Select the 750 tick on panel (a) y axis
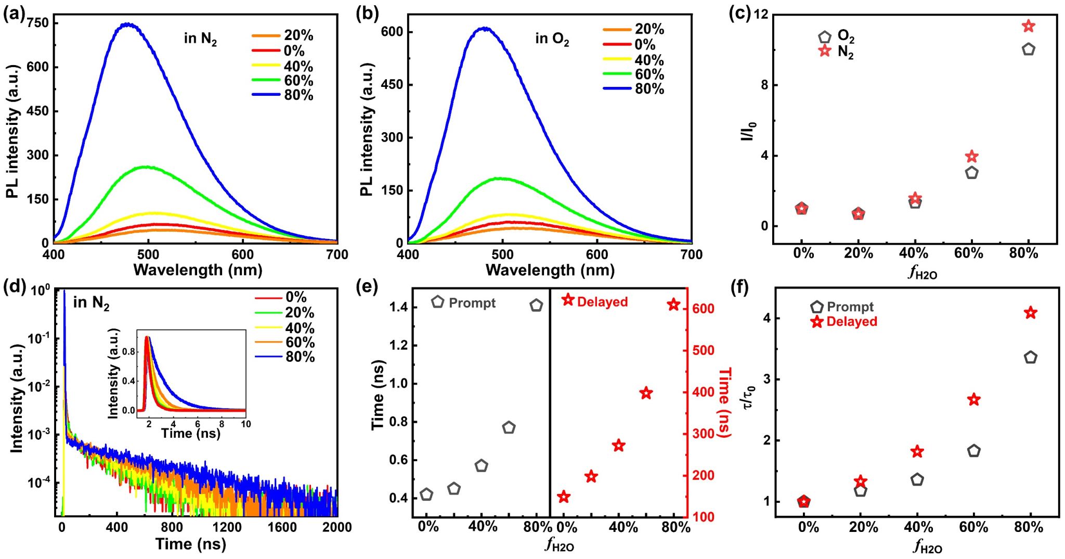(x=38, y=23)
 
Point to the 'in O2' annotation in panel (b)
(x=552, y=39)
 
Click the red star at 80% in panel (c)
(x=1028, y=26)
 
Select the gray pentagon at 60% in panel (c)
(x=971, y=173)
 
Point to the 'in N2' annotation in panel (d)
(x=91, y=303)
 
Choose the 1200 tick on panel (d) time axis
(x=227, y=527)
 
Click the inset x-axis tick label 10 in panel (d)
(x=245, y=424)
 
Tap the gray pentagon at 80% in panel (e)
(x=536, y=306)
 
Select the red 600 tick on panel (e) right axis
(x=704, y=309)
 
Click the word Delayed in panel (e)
(x=602, y=302)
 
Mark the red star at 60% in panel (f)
(x=974, y=400)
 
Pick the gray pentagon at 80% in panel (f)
(x=1030, y=358)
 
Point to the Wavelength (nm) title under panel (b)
(x=550, y=270)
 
